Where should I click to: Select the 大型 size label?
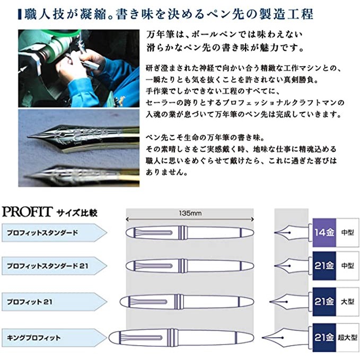(347, 302)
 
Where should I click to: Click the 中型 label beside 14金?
(347, 232)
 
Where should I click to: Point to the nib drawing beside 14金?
(292, 232)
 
